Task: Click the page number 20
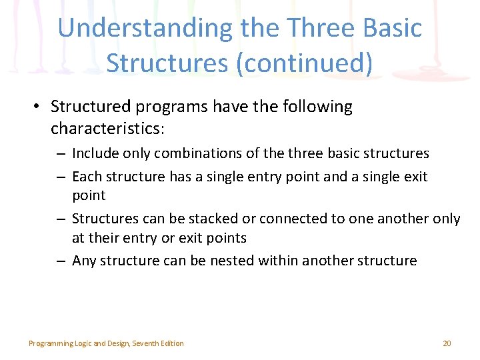coord(447,343)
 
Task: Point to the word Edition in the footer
coord(173,343)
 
